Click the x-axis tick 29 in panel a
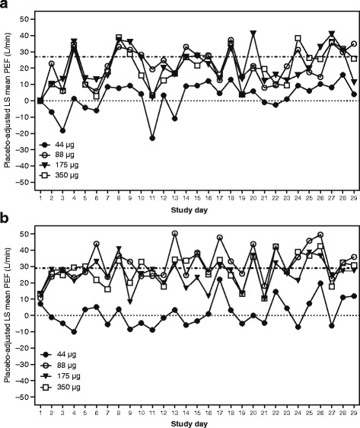[352, 200]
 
